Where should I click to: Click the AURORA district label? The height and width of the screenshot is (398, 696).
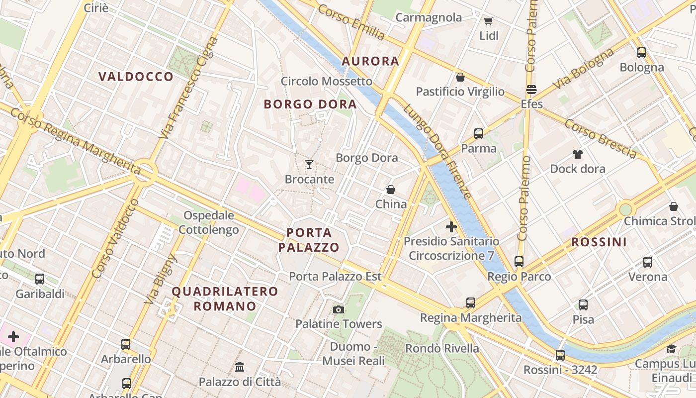point(370,61)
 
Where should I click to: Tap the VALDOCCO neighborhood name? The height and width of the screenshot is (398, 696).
point(136,77)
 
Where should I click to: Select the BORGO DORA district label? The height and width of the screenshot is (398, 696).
point(310,104)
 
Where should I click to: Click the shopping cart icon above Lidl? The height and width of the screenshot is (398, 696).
point(488,21)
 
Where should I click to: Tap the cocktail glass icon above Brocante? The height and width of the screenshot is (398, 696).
point(309,164)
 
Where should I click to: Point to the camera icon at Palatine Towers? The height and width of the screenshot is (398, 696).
point(339,309)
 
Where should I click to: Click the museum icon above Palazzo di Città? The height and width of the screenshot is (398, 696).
point(240,367)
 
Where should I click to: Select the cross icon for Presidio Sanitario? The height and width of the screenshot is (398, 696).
point(451,227)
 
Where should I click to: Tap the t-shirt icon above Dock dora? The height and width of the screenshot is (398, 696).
point(577,154)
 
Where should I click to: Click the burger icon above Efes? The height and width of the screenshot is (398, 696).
point(531,90)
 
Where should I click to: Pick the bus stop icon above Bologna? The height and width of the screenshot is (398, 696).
point(641,53)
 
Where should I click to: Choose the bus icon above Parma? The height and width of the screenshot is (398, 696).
point(478,134)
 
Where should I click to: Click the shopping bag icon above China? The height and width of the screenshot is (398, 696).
point(391,190)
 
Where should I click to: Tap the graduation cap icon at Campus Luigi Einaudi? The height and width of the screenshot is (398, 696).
point(671,349)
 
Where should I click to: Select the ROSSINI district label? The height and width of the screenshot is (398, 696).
point(599,242)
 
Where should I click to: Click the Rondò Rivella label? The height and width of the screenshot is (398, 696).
point(442,348)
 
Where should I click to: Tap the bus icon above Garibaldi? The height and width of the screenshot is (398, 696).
point(40,279)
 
